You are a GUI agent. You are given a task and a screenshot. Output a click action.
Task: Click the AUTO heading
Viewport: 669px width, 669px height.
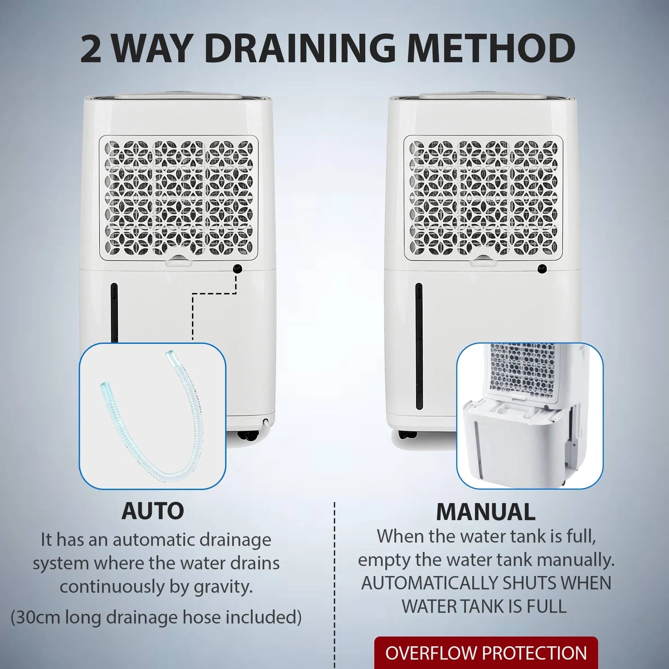(153, 511)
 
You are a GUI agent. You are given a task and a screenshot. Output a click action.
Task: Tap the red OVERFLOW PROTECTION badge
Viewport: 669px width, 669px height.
(486, 652)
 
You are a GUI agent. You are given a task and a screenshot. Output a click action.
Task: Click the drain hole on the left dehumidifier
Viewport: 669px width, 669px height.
(237, 268)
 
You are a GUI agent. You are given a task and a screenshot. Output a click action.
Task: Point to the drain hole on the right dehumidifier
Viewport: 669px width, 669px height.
(542, 268)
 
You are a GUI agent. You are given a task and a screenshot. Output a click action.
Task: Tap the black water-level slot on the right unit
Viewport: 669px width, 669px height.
(419, 346)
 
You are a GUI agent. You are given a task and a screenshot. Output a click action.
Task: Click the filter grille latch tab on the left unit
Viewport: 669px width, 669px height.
(179, 260)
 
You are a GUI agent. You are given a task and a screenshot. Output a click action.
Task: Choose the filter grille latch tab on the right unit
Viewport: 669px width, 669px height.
(483, 260)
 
